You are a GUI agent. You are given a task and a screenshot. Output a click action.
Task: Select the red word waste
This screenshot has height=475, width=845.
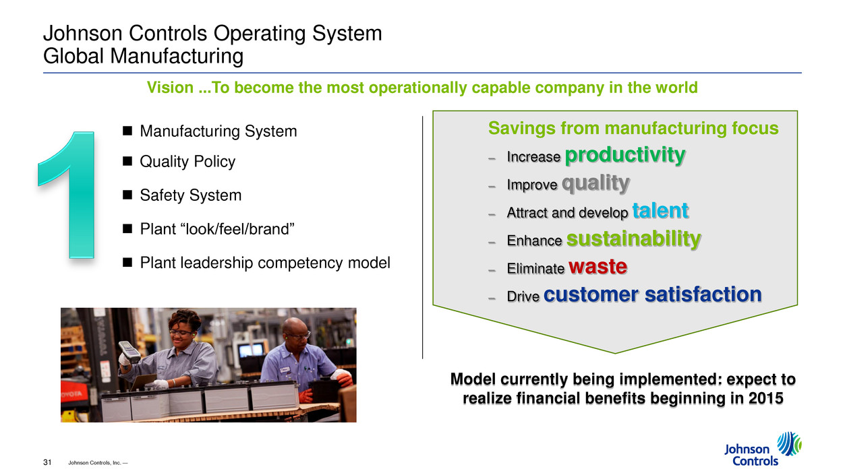tap(598, 267)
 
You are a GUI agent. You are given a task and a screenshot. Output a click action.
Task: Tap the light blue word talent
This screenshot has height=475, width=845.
tap(660, 210)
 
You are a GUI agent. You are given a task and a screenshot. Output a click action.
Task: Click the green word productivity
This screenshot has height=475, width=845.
tap(625, 155)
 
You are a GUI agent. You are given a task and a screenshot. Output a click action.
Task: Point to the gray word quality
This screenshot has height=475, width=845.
tap(595, 183)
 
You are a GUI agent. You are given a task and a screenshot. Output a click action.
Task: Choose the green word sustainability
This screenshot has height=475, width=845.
tap(634, 239)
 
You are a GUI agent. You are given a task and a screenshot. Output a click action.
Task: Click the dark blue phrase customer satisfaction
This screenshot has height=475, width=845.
tap(653, 294)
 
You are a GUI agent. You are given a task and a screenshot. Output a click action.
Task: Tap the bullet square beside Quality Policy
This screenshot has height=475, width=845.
tap(127, 161)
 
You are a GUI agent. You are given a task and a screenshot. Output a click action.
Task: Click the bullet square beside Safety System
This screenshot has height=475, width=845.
tap(127, 195)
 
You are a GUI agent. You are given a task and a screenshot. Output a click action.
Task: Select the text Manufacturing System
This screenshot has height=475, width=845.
tap(218, 131)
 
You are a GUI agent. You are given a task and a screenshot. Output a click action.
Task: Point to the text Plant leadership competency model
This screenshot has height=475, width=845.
tap(265, 263)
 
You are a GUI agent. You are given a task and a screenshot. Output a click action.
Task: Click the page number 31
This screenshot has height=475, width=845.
tap(47, 462)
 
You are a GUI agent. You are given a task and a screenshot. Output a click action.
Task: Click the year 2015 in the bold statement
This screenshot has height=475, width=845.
tap(766, 398)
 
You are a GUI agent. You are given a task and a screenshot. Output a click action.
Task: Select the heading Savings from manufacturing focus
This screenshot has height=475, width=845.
tap(633, 128)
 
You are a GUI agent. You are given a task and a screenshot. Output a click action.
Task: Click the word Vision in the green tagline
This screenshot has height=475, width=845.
tap(170, 88)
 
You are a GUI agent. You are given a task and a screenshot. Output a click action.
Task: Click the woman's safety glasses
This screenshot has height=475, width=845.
tap(182, 333)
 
